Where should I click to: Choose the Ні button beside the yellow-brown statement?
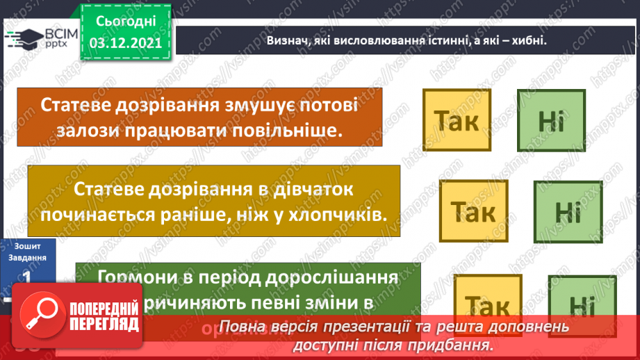pos(567,213)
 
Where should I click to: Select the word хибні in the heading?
pos(521,40)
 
